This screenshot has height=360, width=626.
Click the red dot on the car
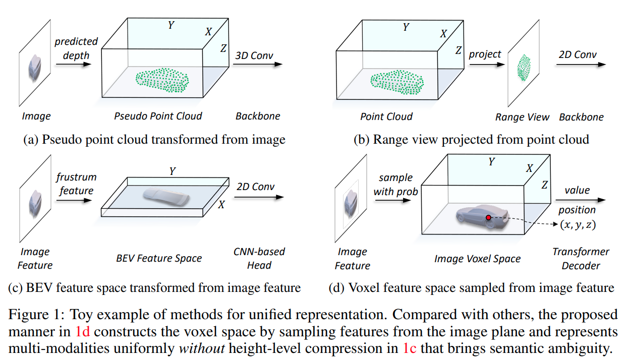point(488,217)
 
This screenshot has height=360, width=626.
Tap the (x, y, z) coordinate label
point(577,224)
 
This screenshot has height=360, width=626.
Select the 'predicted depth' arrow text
point(76,48)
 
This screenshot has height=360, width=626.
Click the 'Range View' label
point(522,117)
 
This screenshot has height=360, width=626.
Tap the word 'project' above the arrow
point(485,54)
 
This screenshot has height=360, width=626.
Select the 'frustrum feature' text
point(76,184)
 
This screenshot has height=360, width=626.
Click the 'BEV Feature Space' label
point(158,258)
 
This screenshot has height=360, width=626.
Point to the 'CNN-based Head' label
point(259,258)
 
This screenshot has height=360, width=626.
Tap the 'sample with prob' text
point(395,184)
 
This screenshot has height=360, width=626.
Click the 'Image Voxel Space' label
point(477,259)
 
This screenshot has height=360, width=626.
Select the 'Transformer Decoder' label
point(581,258)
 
